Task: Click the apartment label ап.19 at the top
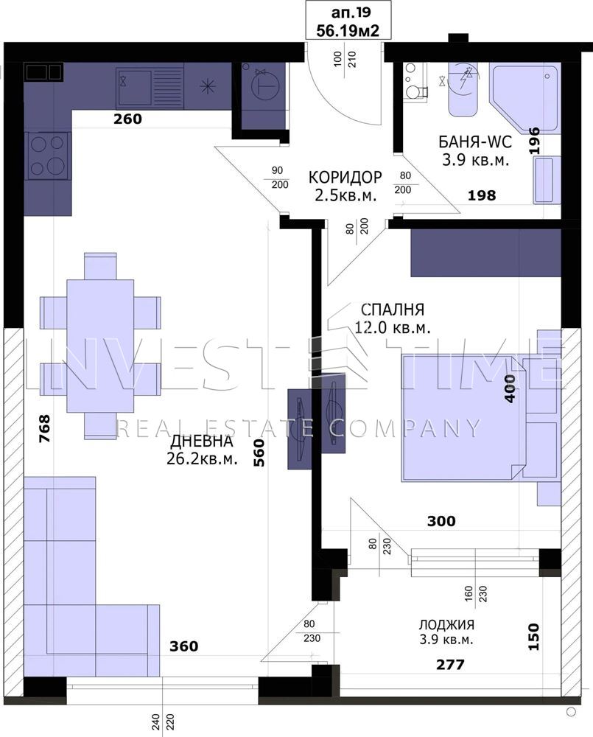click(x=348, y=11)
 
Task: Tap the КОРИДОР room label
click(x=345, y=177)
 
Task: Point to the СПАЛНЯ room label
click(x=393, y=310)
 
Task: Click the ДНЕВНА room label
click(x=202, y=441)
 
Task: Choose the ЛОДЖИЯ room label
click(x=446, y=625)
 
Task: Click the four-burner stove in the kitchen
click(x=47, y=156)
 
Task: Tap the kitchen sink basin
click(x=134, y=88)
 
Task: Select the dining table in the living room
click(x=100, y=346)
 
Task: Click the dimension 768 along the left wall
click(x=44, y=428)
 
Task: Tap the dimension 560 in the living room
click(x=259, y=453)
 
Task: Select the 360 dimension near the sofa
click(x=183, y=646)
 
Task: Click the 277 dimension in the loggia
click(x=450, y=664)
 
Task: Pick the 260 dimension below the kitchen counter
click(x=128, y=119)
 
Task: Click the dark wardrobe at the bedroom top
click(x=486, y=253)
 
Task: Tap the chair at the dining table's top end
click(x=101, y=267)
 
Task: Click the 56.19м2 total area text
click(x=348, y=30)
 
